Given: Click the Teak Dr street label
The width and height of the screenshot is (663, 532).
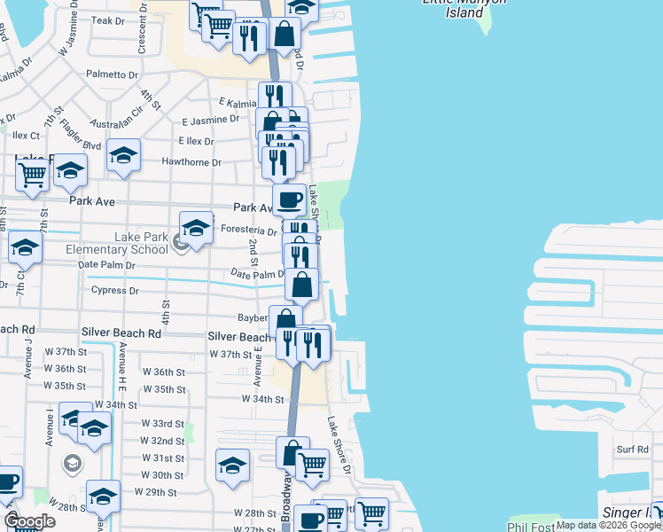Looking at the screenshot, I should click(x=108, y=20).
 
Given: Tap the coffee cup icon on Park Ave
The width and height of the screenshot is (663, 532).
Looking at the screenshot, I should click(x=288, y=199).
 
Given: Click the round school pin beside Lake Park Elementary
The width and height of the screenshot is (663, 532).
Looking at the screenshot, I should click(x=182, y=242).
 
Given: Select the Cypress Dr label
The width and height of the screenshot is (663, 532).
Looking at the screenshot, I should click(x=115, y=290).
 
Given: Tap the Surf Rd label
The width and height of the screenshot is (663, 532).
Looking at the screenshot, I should click(x=633, y=450).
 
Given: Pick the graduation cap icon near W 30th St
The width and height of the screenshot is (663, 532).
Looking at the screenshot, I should click(x=232, y=465).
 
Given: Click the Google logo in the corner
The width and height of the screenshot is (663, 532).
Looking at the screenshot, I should click(x=30, y=521).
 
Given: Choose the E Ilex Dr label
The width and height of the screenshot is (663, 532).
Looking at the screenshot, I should click(x=196, y=141).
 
